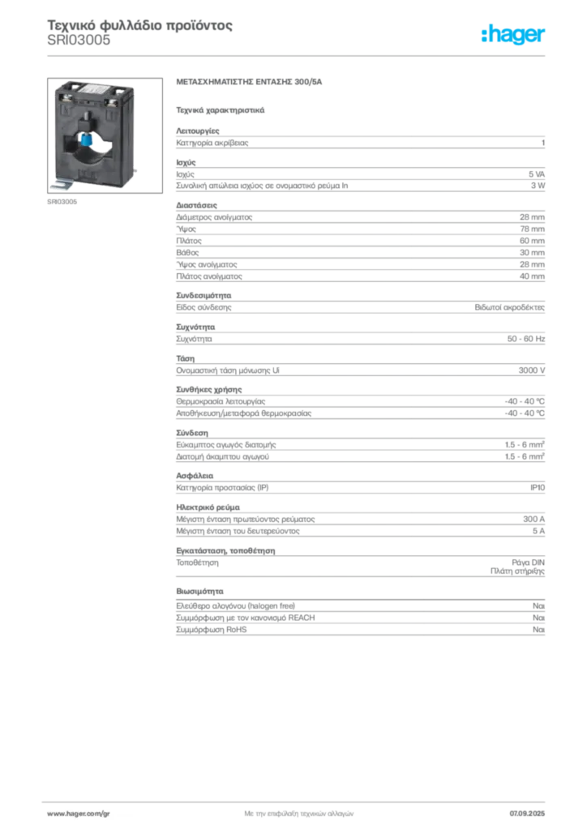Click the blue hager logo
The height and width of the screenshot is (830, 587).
tap(514, 35)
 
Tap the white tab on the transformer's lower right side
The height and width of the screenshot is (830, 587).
tap(139, 169)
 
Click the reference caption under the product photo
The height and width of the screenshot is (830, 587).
tap(62, 203)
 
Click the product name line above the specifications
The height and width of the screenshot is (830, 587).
tap(250, 83)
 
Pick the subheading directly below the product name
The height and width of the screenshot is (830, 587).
tap(220, 109)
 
